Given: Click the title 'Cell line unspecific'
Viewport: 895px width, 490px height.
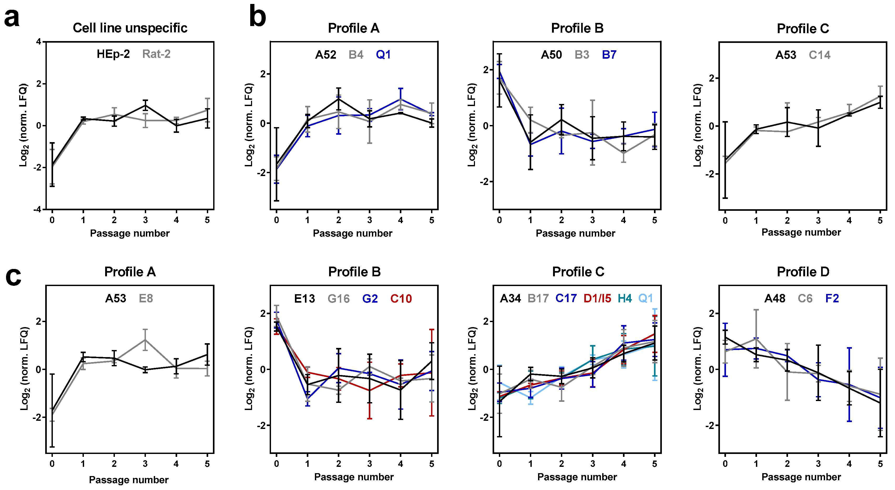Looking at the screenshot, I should [130, 28].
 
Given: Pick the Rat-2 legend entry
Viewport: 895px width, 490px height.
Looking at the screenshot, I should [156, 54].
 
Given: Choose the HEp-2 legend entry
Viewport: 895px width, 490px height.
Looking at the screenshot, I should [113, 54].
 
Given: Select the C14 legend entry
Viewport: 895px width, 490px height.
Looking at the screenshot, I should [820, 55].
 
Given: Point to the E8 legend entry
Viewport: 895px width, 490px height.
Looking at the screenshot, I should [146, 298].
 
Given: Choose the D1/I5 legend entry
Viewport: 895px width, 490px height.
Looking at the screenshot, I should [597, 298].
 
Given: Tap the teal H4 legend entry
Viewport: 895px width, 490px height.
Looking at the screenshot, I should [625, 298].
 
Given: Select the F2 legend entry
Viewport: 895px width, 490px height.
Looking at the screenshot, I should [832, 298].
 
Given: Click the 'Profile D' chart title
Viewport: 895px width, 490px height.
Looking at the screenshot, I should [803, 272].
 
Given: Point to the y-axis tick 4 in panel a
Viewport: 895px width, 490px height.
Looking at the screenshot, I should [39, 42].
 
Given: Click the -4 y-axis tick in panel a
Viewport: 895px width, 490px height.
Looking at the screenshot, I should [37, 209].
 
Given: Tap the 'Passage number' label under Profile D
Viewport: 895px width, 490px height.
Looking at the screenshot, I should [801, 477].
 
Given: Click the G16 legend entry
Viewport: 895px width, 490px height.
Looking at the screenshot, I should [338, 299].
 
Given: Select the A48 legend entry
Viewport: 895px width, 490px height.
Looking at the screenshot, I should [775, 298].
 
